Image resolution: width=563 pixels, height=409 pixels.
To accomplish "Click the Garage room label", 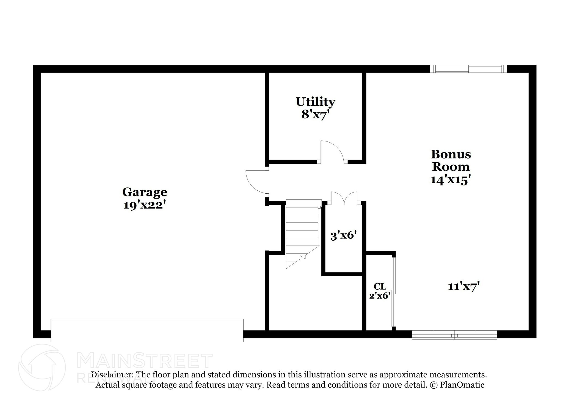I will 145,192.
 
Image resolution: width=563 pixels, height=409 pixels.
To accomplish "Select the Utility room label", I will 315,102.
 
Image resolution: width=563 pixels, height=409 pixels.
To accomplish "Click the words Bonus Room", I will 451,160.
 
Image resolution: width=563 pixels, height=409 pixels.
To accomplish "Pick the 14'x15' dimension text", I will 451,180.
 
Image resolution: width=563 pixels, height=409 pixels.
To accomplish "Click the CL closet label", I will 380,286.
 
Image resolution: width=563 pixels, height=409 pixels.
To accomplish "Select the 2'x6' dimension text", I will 380,296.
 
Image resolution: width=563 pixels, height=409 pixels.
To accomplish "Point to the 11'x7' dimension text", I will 464,286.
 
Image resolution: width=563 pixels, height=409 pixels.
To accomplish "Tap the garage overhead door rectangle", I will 147,330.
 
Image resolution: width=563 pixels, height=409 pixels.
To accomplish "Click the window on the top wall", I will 468,69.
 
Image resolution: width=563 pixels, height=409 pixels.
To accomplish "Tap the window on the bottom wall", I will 454,335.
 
